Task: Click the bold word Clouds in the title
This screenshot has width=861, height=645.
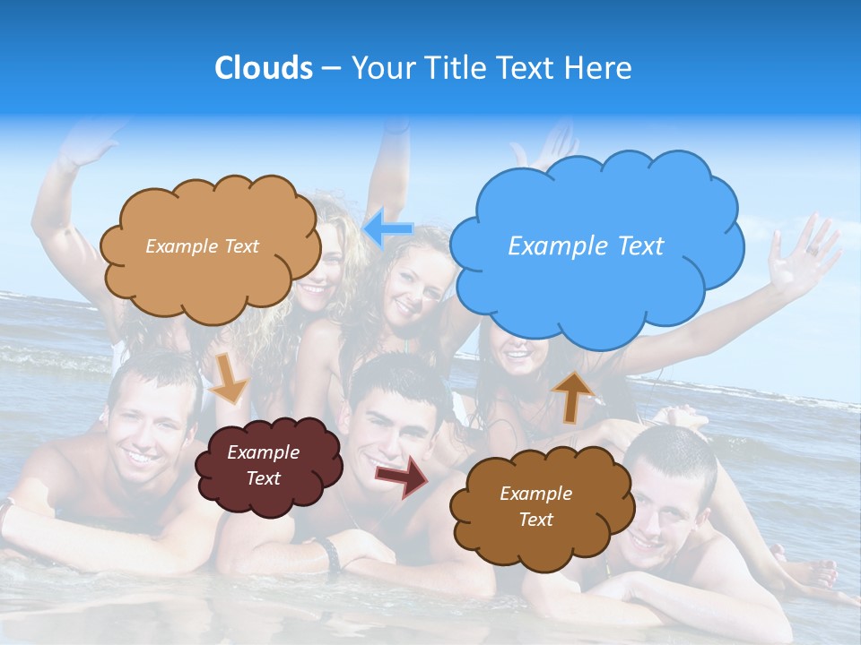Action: pyautogui.click(x=263, y=68)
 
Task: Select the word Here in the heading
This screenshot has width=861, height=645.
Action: pyautogui.click(x=601, y=68)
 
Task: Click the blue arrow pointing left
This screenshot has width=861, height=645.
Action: pyautogui.click(x=388, y=228)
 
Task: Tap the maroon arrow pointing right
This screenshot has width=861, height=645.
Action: pyautogui.click(x=401, y=476)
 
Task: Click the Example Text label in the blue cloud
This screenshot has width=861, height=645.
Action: pyautogui.click(x=586, y=246)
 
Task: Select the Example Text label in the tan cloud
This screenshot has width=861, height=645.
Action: pyautogui.click(x=202, y=246)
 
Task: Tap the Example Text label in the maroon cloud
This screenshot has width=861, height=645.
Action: pyautogui.click(x=263, y=466)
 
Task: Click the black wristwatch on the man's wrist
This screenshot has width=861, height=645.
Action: pyautogui.click(x=330, y=555)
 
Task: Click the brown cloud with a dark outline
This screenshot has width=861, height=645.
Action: pyautogui.click(x=535, y=506)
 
